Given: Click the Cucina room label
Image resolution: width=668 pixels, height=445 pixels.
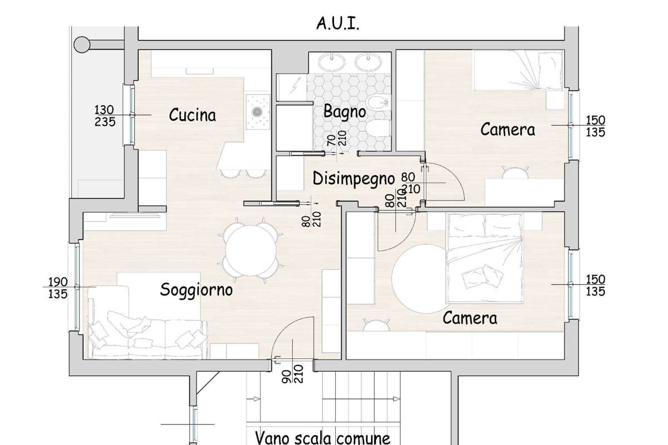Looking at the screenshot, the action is (x=193, y=115).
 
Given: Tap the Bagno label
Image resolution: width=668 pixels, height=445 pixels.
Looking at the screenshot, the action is (x=345, y=112).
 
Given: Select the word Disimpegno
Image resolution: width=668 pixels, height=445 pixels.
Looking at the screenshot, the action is (x=353, y=179).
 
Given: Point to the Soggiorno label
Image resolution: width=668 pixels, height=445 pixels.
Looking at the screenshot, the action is (x=196, y=290).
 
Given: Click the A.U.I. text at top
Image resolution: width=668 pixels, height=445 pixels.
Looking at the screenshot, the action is (x=337, y=23).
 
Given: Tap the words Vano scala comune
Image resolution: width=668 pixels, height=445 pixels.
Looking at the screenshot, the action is (x=323, y=438).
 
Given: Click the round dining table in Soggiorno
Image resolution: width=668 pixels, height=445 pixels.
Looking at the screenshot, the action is (x=250, y=250).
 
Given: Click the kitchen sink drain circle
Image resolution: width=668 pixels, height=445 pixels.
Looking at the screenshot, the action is (x=257, y=112).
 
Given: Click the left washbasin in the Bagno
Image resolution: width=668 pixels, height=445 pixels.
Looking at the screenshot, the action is (x=332, y=62).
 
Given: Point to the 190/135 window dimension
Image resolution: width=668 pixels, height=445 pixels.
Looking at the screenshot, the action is (x=58, y=288).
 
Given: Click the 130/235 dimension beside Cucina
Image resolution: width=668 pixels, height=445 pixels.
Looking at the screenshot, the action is (x=105, y=116).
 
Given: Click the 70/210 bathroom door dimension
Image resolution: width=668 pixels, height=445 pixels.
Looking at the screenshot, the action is (x=337, y=139).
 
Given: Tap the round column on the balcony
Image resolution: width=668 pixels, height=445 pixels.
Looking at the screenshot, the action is (x=82, y=44).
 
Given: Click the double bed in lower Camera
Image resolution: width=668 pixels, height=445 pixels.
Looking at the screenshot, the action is (x=485, y=258).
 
